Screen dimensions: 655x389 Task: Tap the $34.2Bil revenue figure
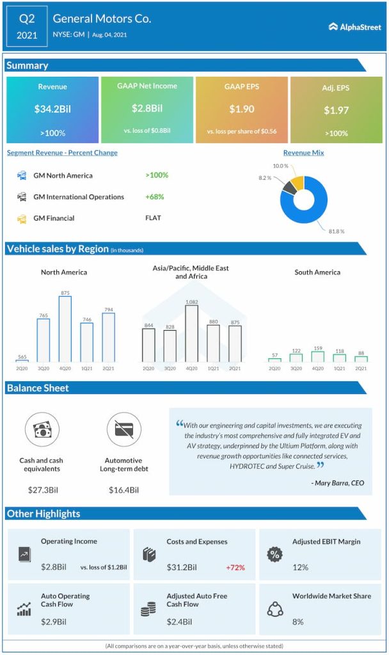[52, 109]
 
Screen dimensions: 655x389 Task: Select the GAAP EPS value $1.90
[242, 109]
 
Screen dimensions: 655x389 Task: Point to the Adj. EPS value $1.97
[335, 110]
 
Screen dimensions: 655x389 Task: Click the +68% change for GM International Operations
[156, 197]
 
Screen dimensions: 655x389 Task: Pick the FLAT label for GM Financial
[154, 218]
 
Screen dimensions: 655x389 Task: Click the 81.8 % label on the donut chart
[337, 231]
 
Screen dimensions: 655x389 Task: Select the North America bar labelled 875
[65, 329]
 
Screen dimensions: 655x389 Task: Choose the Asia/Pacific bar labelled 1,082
[191, 334]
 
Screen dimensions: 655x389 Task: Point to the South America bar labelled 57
[274, 360]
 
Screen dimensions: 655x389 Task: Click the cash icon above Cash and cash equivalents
[42, 429]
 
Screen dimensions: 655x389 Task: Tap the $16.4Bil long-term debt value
[123, 491]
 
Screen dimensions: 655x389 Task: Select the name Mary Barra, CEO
[339, 483]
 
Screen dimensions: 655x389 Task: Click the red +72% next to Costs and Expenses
[235, 567]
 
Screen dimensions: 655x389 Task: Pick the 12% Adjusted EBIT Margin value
[301, 567]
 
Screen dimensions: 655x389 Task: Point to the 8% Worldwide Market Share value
[298, 622]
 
